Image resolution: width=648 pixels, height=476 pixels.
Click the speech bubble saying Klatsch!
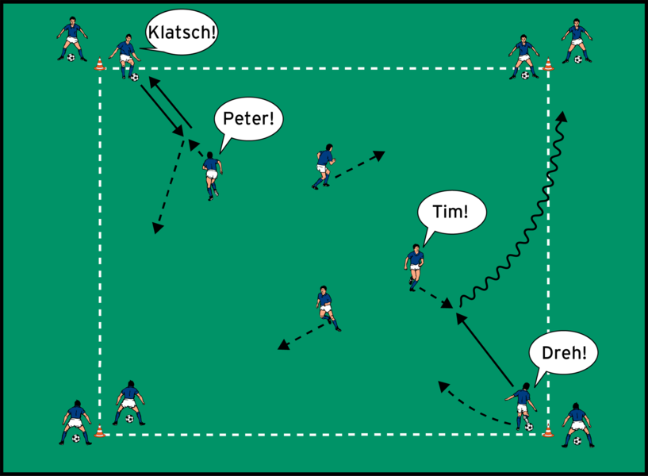[182, 34]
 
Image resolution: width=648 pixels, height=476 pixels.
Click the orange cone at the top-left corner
[100, 64]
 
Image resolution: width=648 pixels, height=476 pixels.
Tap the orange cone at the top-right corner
[548, 64]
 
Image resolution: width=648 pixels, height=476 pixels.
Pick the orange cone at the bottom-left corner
[100, 432]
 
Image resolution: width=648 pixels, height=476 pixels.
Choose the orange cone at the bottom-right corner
[547, 432]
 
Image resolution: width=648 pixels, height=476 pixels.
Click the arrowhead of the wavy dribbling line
[562, 116]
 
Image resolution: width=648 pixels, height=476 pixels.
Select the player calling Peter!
[211, 173]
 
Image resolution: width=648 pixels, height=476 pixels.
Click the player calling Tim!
[414, 266]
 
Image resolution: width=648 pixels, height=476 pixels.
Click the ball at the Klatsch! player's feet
[134, 77]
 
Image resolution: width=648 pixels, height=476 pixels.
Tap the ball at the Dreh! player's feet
[528, 426]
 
